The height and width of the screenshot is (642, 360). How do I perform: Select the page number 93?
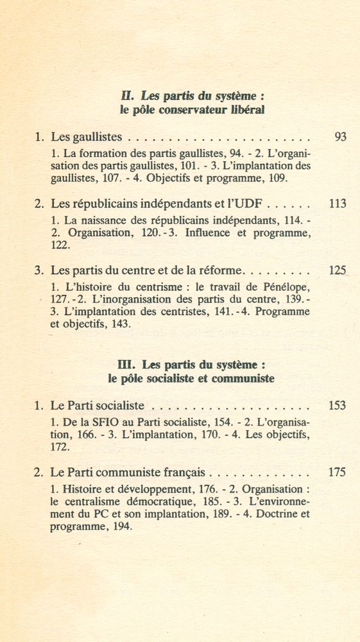(340, 137)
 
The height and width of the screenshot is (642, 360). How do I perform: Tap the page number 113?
(337, 204)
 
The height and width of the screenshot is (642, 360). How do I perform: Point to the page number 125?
(337, 271)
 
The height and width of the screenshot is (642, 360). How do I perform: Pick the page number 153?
(337, 406)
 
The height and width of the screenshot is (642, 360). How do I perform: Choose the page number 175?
(337, 473)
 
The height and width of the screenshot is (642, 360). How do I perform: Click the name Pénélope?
(286, 287)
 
